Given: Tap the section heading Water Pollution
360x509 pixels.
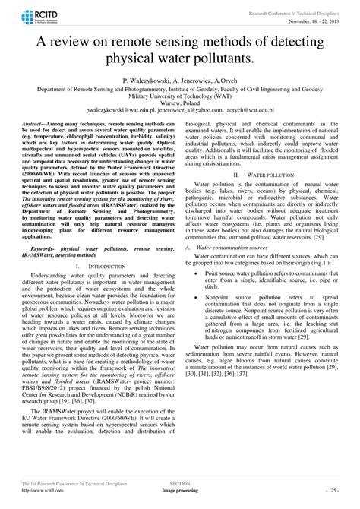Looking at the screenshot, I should tap(262, 195).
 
